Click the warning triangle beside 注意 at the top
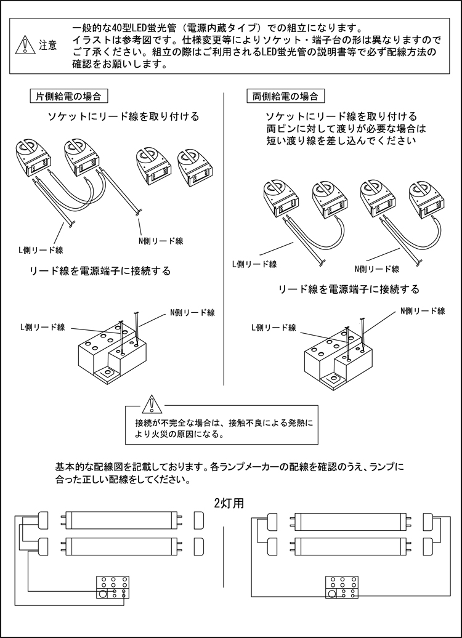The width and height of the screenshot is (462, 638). [x=25, y=44]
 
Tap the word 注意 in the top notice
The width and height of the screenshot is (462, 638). [x=48, y=45]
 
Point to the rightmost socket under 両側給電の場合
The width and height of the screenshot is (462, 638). [x=423, y=199]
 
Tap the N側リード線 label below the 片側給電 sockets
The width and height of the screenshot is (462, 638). [x=161, y=241]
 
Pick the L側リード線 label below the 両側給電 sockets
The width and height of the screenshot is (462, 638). [x=254, y=264]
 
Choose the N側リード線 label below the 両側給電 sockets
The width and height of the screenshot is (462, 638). [x=377, y=269]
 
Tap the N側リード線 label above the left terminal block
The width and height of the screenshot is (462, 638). [x=192, y=313]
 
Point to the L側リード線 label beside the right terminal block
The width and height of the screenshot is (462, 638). [x=274, y=328]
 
